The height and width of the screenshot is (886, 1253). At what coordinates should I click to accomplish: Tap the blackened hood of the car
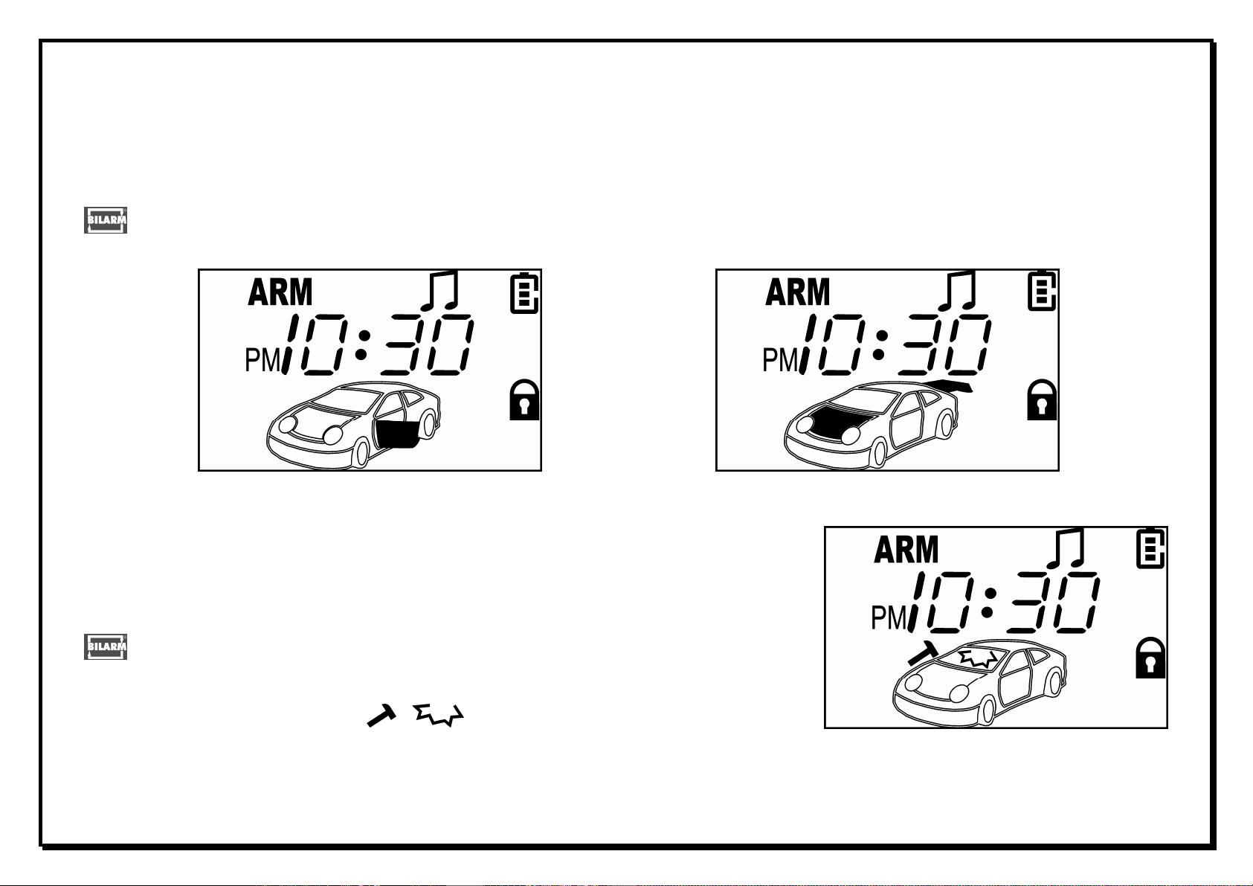pos(838,423)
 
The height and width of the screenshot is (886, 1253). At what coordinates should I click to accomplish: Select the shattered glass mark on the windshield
pos(978,658)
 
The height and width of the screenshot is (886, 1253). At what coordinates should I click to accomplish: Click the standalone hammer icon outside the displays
pos(381,716)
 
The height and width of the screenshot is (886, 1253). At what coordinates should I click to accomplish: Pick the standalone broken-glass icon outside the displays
pos(439,715)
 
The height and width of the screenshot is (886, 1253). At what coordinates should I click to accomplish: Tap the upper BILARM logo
pos(106,220)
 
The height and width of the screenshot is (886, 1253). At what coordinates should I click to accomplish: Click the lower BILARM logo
pos(106,646)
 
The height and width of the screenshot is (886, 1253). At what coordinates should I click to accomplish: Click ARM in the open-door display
pos(280,292)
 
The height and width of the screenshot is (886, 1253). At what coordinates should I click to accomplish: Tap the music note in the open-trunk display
pos(957,290)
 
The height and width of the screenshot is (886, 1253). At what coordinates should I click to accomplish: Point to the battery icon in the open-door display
pos(524,293)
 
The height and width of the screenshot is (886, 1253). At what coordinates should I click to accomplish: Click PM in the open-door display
pos(262,360)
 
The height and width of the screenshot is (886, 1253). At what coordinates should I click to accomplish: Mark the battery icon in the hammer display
pos(1150,550)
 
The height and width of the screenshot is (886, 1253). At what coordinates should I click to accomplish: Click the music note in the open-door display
pos(439,291)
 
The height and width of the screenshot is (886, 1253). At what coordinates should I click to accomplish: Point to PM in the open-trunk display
pos(780,360)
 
